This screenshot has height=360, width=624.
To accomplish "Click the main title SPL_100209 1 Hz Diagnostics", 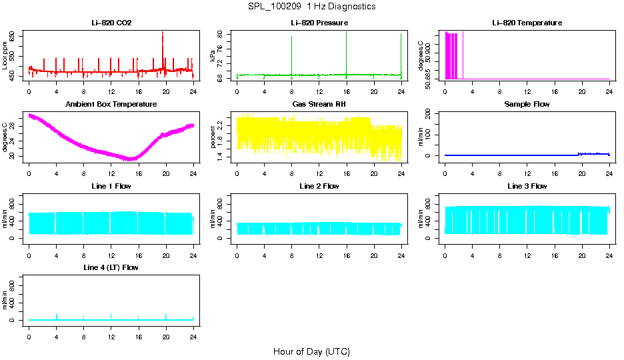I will pyautogui.click(x=311, y=7).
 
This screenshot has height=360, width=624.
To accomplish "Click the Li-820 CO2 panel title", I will pyautogui.click(x=111, y=23).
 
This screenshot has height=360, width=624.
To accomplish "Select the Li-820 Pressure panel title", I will pyautogui.click(x=319, y=23).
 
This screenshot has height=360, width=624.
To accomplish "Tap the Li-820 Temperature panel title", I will pyautogui.click(x=527, y=23).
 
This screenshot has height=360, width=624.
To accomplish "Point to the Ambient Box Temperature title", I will pyautogui.click(x=111, y=105).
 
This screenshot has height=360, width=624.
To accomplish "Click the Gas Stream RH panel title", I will pyautogui.click(x=319, y=105).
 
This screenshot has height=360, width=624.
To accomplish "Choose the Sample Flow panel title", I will pyautogui.click(x=527, y=105).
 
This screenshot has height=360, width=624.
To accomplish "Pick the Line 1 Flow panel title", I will pyautogui.click(x=111, y=186).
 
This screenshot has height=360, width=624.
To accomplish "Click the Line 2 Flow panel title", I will pyautogui.click(x=319, y=186).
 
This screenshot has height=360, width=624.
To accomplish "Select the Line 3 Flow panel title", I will pyautogui.click(x=527, y=186).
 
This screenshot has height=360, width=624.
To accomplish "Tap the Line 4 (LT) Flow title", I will pyautogui.click(x=111, y=267).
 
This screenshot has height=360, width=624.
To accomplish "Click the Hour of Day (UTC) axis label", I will pyautogui.click(x=311, y=351).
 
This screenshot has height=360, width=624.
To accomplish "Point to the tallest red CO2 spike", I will pyautogui.click(x=163, y=33).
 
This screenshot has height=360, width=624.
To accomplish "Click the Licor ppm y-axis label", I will pyautogui.click(x=5, y=57).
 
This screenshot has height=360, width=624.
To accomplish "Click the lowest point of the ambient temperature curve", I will pyautogui.click(x=131, y=159).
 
